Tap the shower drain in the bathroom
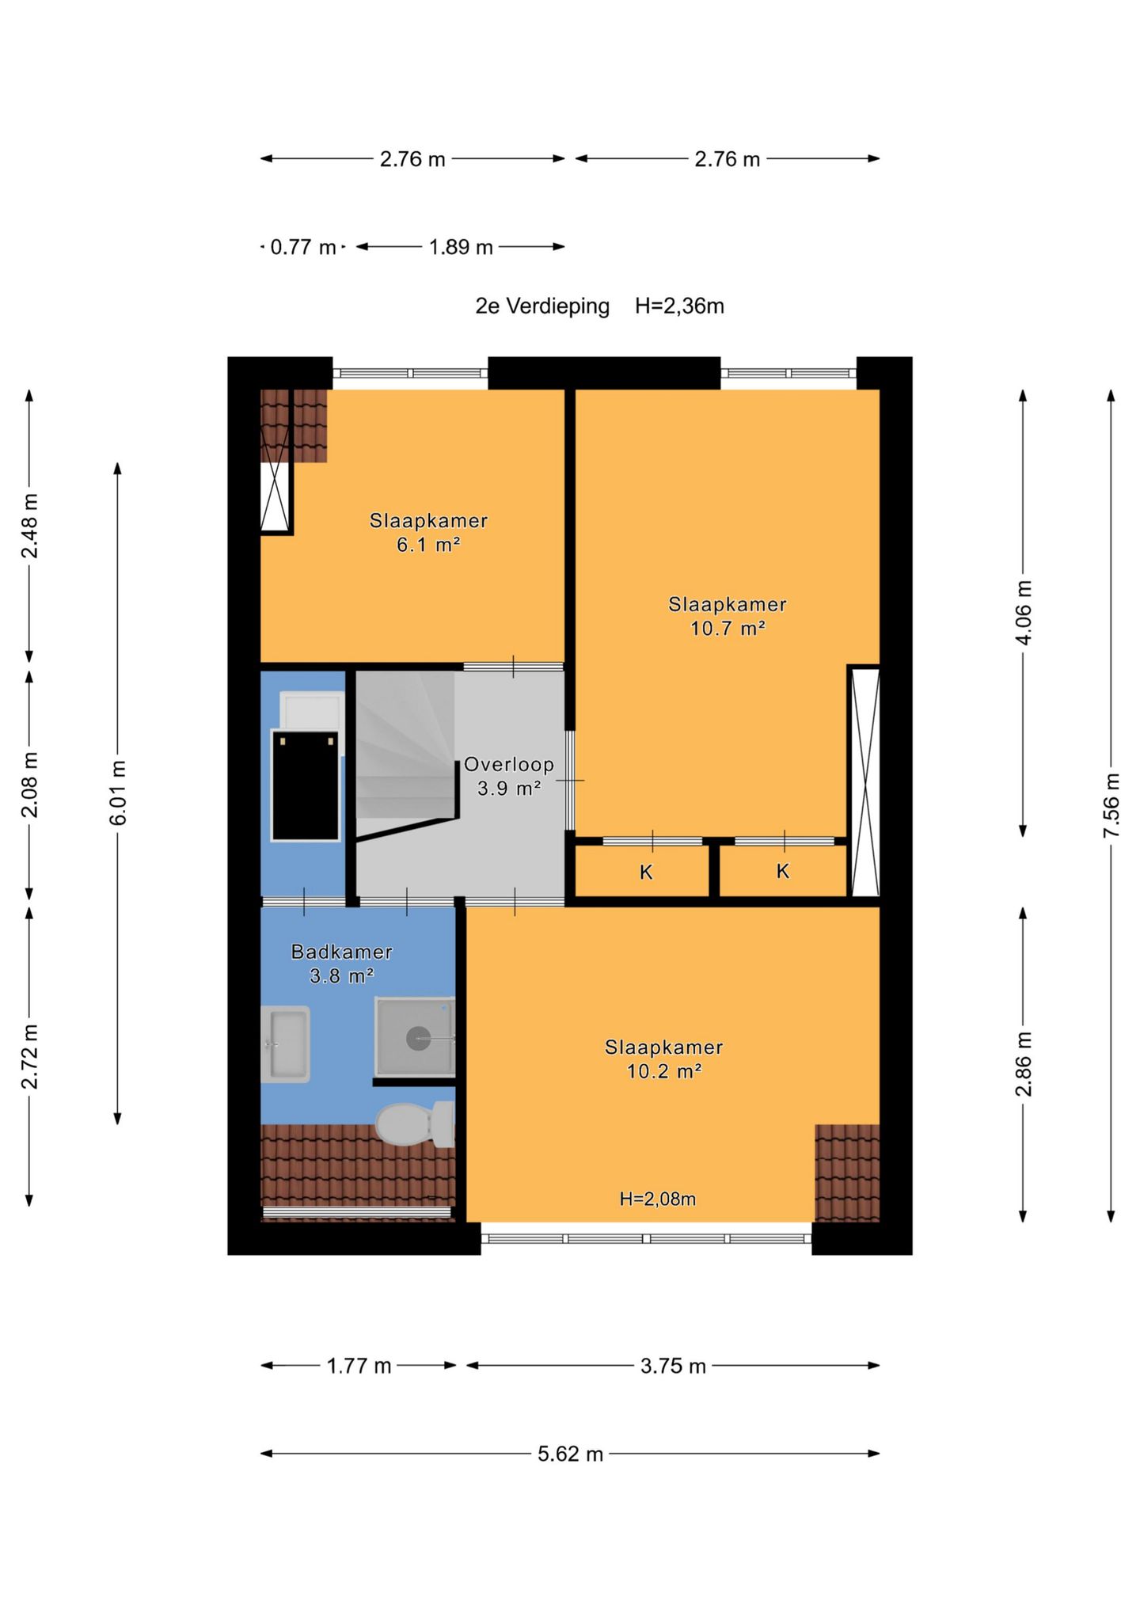point(418,1038)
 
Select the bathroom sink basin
point(285,1044)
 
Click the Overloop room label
point(508,765)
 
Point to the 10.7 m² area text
point(727,629)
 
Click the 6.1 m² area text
point(428,545)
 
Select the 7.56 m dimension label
point(1111,806)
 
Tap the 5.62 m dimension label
point(571,1454)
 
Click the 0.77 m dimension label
point(303,247)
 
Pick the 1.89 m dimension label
point(461,247)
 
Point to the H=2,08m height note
point(657,1199)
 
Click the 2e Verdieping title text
point(542,306)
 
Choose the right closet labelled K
point(783,871)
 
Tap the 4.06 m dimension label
point(1024,613)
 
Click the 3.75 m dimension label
point(673,1366)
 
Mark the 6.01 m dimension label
point(118,793)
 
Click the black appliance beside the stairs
point(305,785)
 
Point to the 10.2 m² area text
point(663,1071)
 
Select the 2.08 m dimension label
point(30,785)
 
